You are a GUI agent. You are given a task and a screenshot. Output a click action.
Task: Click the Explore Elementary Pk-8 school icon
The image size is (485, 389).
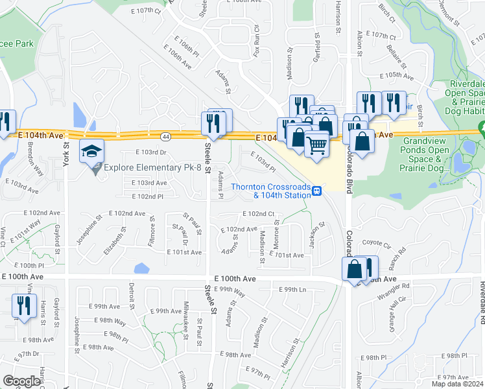coord(91,152)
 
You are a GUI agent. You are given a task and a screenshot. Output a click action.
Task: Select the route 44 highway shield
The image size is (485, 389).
coord(167,136)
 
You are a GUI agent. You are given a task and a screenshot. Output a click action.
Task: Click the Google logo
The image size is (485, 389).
coord(21,381)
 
